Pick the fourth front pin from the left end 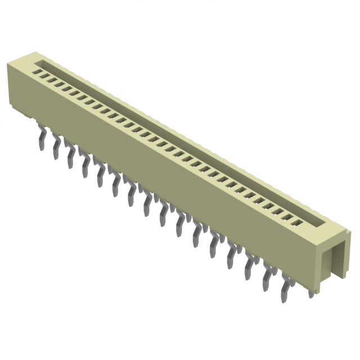point(86,164)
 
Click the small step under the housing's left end point(31,115)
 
